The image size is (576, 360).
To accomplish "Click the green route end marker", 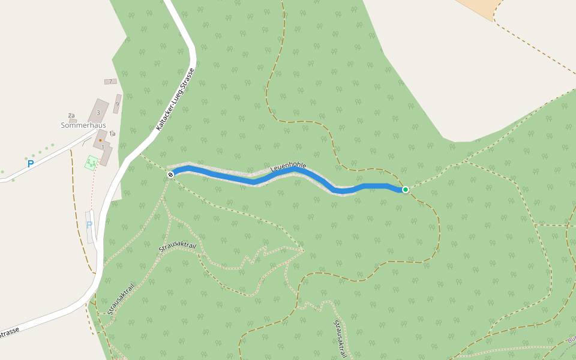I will pyautogui.click(x=406, y=190).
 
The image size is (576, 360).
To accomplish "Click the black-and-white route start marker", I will pyautogui.click(x=171, y=175).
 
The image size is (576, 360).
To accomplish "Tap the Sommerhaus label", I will pyautogui.click(x=83, y=125).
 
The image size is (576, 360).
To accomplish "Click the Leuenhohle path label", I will pyautogui.click(x=288, y=167).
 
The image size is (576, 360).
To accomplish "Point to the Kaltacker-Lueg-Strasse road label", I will pyautogui.click(x=175, y=100).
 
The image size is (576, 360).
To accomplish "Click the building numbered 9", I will pyautogui.click(x=117, y=104).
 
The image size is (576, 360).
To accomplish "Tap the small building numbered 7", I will pyautogui.click(x=110, y=82).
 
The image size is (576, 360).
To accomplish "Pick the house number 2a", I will pyautogui.click(x=71, y=115).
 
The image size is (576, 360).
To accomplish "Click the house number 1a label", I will pyautogui.click(x=112, y=134).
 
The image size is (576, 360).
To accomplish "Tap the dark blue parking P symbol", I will pyautogui.click(x=31, y=163).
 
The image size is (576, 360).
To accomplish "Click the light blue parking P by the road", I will pyautogui.click(x=89, y=225).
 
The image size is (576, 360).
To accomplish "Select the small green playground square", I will pyautogui.click(x=91, y=162).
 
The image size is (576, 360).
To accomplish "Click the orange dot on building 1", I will pyautogui.click(x=100, y=140).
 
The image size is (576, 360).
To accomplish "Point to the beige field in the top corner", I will pyautogui.click(x=479, y=7).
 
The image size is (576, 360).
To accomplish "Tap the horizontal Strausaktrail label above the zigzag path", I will pyautogui.click(x=178, y=247).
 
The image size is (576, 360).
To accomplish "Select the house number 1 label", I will pyautogui.click(x=103, y=147).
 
